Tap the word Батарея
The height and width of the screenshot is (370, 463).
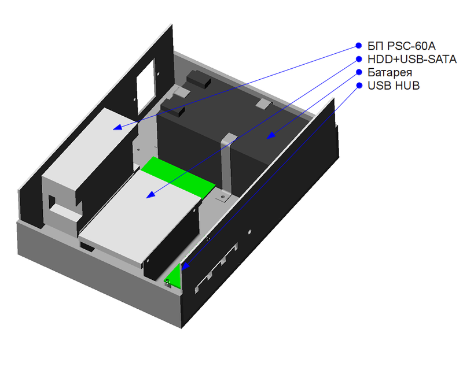[x=390, y=72]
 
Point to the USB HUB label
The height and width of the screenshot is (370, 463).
[x=394, y=86]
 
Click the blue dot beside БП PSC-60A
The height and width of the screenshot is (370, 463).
[x=358, y=46]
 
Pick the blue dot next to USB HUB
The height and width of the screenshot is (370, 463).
[x=358, y=86]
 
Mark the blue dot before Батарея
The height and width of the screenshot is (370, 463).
[x=358, y=72]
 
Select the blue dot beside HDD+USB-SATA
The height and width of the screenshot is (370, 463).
[x=358, y=59]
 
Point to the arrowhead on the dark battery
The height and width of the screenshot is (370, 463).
[x=269, y=137]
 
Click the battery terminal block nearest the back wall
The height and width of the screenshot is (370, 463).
[x=197, y=77]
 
